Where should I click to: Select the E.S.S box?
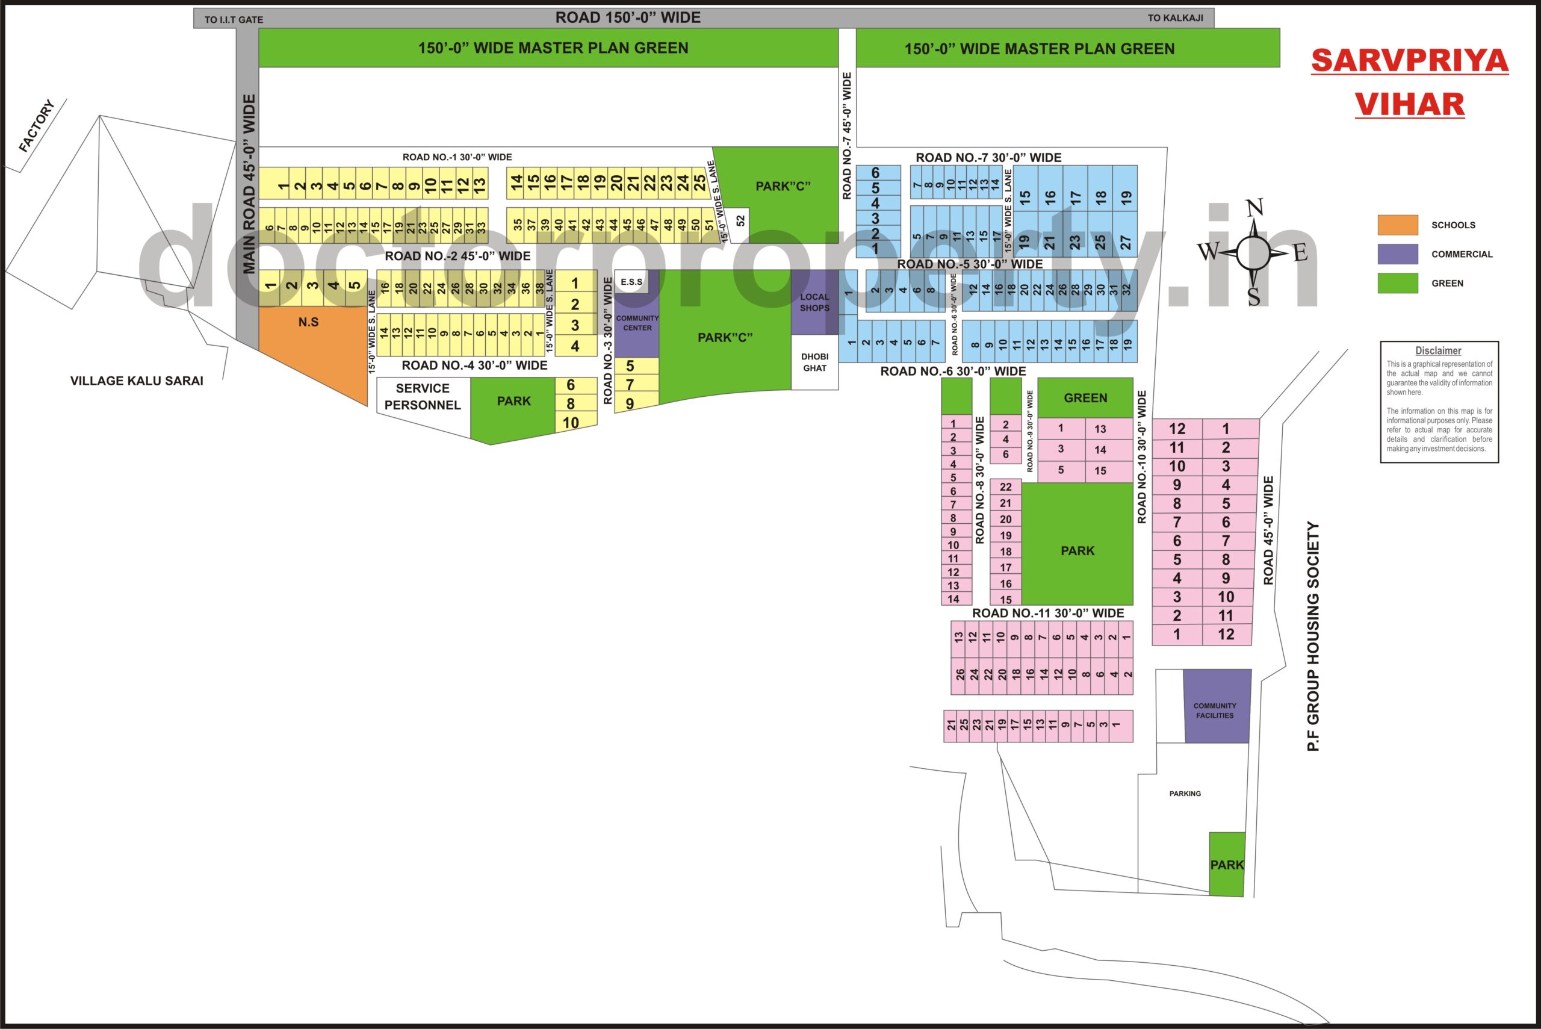[631, 282]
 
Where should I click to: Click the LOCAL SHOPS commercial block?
[814, 302]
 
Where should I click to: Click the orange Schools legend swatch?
[1397, 225]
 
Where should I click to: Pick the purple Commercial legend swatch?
[1397, 254]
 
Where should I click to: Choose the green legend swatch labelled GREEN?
[1397, 283]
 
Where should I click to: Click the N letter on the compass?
[1254, 208]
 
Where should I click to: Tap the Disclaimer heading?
[1438, 351]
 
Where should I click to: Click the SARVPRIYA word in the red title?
[1409, 61]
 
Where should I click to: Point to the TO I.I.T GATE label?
[234, 20]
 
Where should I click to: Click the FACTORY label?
[36, 125]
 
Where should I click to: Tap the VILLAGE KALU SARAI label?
[137, 381]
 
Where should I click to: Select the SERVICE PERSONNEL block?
[423, 397]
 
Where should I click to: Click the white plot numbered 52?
[740, 221]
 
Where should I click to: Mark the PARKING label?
[1185, 794]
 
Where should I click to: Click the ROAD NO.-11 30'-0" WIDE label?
[1047, 613]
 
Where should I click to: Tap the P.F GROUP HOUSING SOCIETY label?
[1313, 636]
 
